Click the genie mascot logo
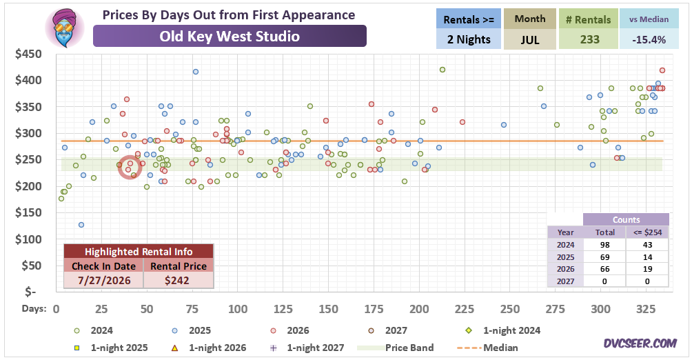(x=64, y=28)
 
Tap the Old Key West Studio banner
(x=230, y=36)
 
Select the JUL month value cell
(x=529, y=39)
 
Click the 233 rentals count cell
(x=589, y=39)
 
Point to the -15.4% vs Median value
(x=649, y=39)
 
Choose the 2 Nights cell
(x=468, y=39)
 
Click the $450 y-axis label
(x=28, y=54)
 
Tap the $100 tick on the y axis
(x=28, y=239)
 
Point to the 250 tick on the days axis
(x=510, y=309)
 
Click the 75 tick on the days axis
(x=192, y=309)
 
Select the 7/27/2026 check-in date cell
(x=104, y=281)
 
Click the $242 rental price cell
(x=177, y=281)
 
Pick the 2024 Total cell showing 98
(x=604, y=245)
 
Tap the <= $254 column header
(x=647, y=232)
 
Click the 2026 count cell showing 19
(x=647, y=269)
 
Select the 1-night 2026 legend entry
(x=208, y=348)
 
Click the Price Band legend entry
(x=396, y=348)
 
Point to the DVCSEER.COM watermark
(x=640, y=343)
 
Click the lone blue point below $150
(x=81, y=225)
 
